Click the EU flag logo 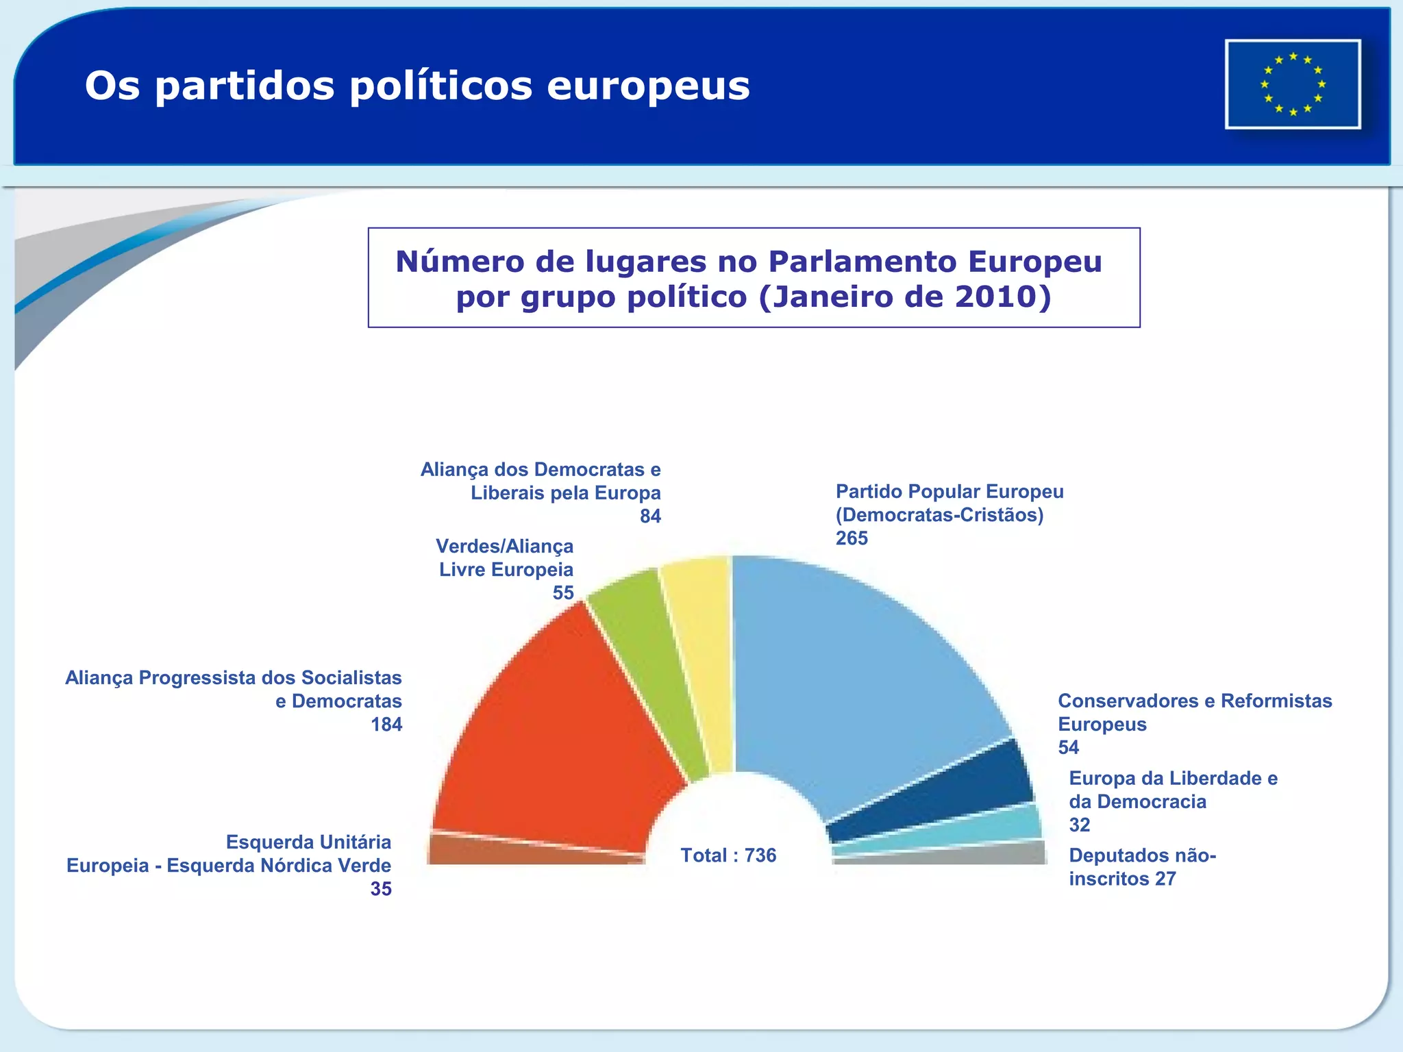pos(1293,84)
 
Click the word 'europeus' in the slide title pos(648,86)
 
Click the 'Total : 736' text pos(728,855)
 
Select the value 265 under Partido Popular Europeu pos(852,538)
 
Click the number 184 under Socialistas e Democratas pos(386,725)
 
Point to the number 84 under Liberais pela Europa pos(650,516)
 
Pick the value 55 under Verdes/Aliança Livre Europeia pos(563,593)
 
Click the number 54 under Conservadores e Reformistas pos(1068,748)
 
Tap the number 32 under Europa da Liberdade pos(1079,825)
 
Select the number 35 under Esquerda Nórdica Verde pos(381,889)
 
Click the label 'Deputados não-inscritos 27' pos(1141,867)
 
